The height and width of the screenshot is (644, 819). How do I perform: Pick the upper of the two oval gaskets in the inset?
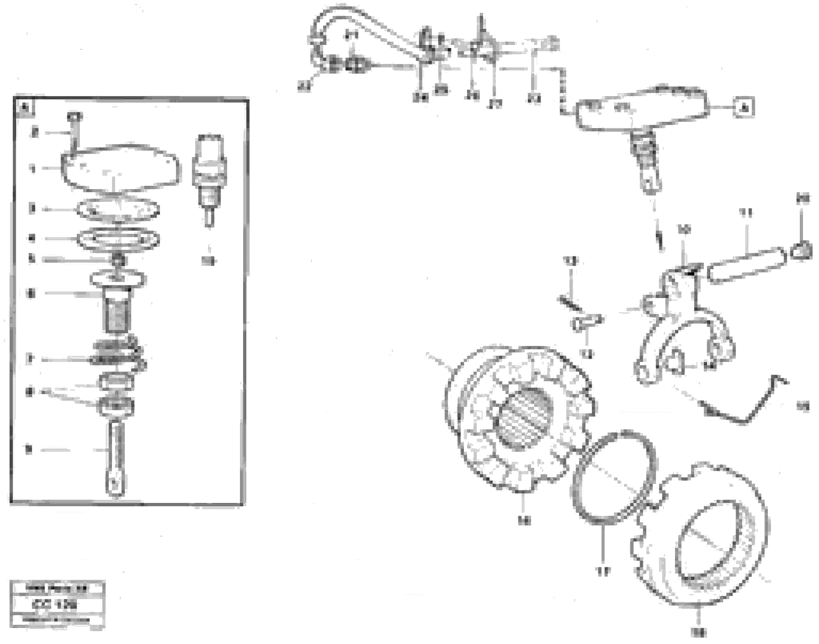pos(118,209)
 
